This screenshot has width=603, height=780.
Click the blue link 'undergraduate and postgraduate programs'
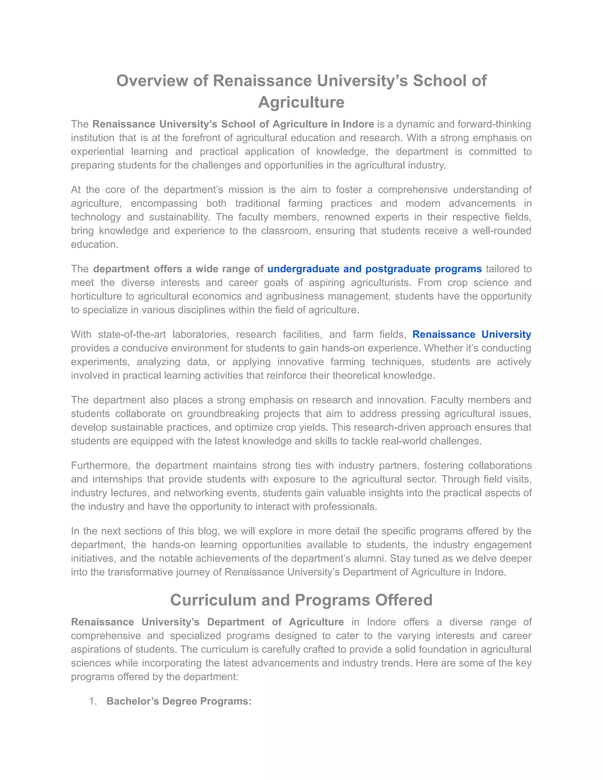coord(375,269)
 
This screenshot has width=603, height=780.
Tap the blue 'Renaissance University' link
coord(472,334)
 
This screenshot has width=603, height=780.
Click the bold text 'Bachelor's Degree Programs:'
coord(179,701)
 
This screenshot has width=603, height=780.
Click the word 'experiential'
coord(97,151)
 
